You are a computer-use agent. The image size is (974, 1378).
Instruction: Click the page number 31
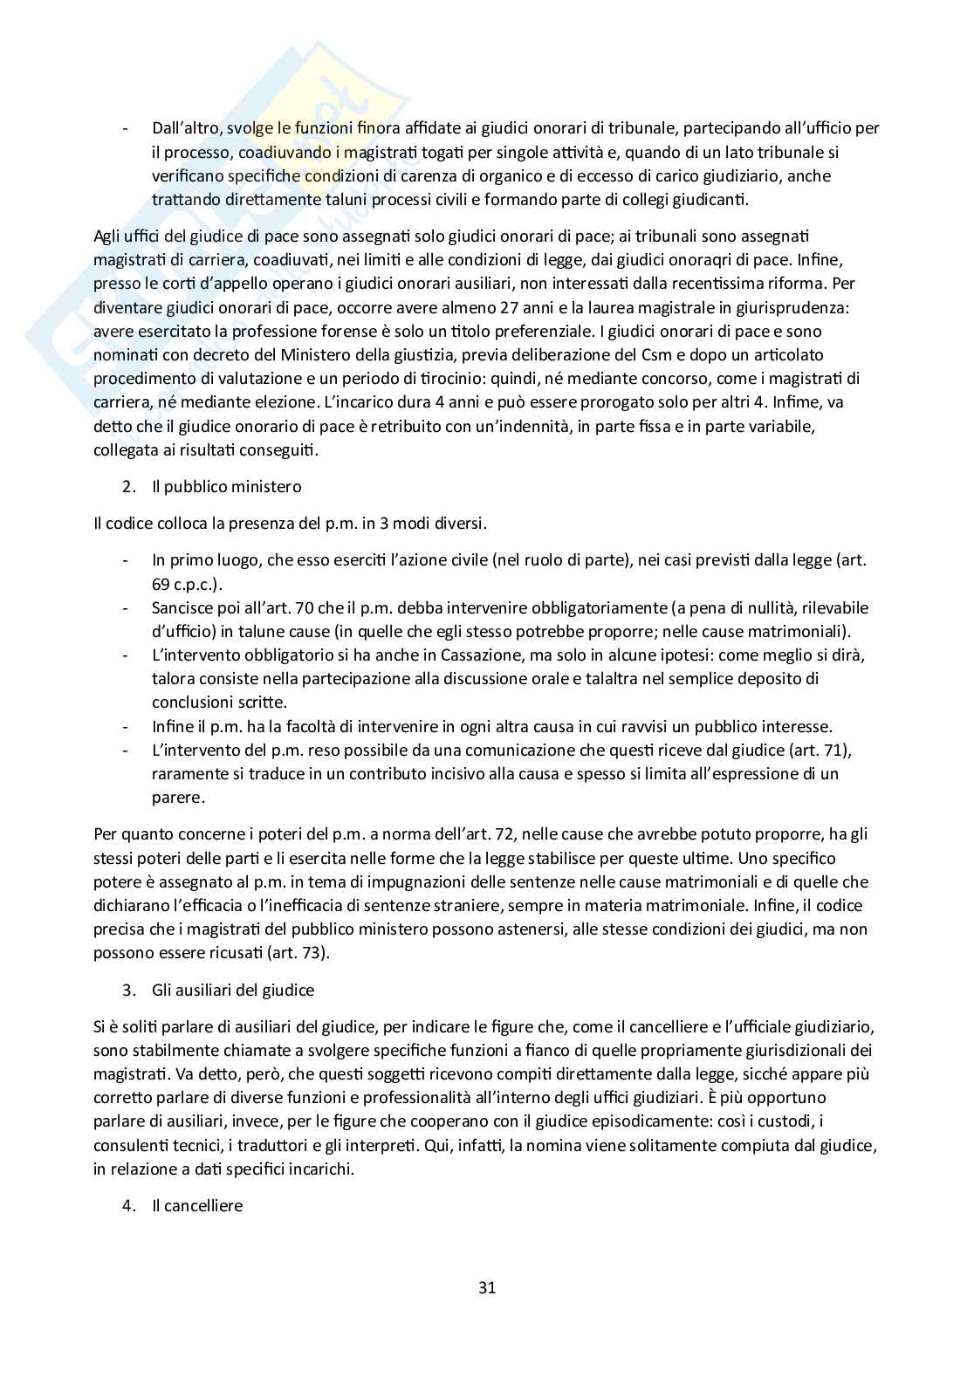[x=487, y=1287]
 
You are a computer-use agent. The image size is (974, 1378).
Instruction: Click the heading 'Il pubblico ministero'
[x=226, y=486]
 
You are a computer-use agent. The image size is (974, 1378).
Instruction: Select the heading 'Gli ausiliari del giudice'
[x=233, y=990]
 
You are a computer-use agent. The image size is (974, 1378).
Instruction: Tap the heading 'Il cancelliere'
[x=197, y=1205]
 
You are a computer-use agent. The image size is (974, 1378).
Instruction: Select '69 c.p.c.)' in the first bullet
[x=187, y=583]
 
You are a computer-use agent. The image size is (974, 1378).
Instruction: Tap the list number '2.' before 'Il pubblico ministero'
[x=130, y=486]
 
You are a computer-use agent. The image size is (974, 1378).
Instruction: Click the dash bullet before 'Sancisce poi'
[x=127, y=607]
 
